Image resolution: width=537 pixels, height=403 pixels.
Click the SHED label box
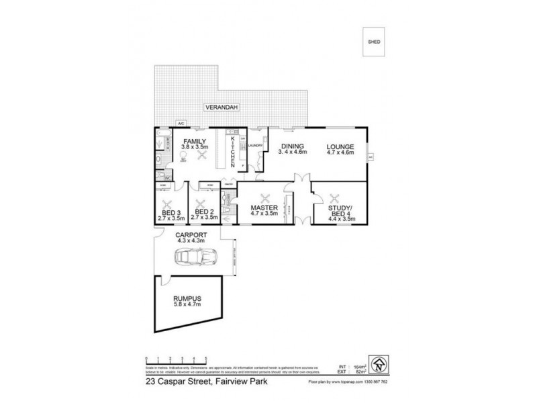pos(375,42)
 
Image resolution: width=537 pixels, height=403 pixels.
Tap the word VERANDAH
pos(223,107)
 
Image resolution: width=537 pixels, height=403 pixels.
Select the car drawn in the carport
pos(193,257)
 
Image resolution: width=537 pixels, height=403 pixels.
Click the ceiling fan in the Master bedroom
pos(265,199)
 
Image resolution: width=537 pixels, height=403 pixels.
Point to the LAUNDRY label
pos(254,145)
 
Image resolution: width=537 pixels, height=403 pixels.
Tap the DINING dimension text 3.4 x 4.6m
pos(293,153)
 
